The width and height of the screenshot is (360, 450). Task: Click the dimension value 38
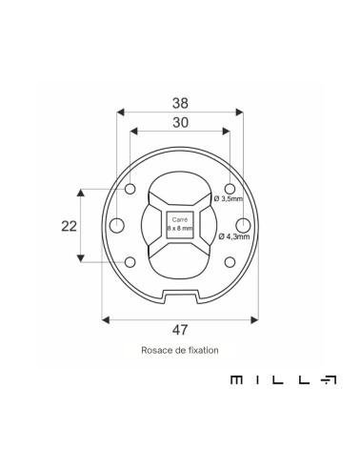(x=180, y=103)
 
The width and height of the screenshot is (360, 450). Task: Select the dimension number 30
(x=180, y=122)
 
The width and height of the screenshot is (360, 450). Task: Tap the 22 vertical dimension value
(x=70, y=226)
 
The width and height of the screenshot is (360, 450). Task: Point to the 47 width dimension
(x=180, y=330)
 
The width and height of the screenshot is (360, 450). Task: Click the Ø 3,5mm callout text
(x=229, y=198)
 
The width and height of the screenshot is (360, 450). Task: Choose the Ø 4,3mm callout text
(x=234, y=236)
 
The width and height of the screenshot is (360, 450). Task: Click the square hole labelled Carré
(x=180, y=225)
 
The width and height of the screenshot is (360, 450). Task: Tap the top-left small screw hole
(x=130, y=189)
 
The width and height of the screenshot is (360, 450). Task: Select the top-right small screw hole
(x=230, y=189)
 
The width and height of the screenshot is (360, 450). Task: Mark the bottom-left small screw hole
(x=130, y=262)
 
